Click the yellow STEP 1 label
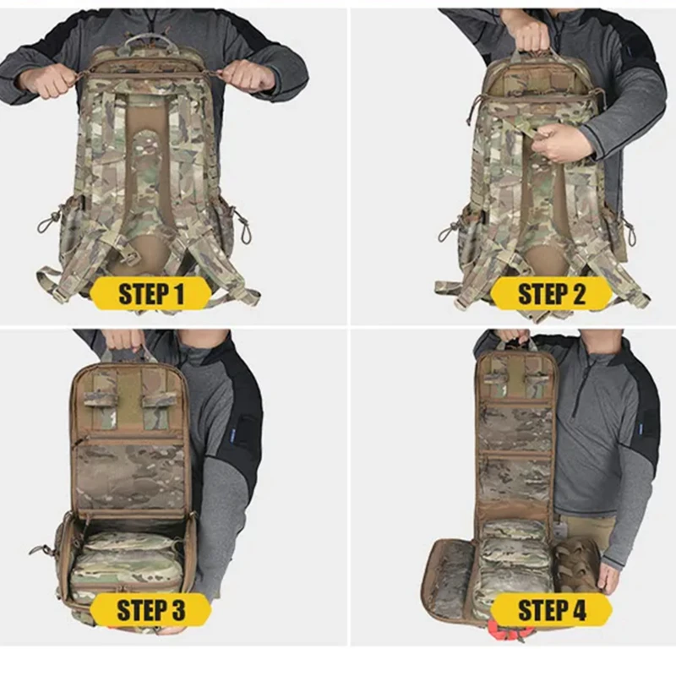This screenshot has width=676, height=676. pos(151,293)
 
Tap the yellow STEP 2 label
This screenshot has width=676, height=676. pos(552,293)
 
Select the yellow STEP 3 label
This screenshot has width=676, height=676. pos(151,609)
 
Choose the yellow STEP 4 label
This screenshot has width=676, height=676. pos(552,609)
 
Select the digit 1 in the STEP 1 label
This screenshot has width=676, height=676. pos(178,293)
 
